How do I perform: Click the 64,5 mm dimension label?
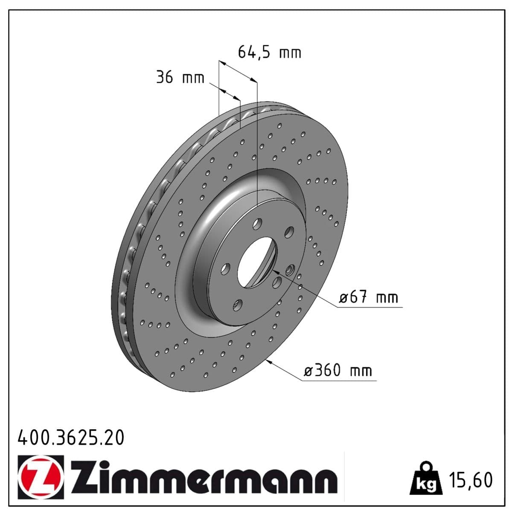coord(269,52)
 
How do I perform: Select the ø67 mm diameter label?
coord(369,297)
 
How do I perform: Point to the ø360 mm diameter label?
coord(337,370)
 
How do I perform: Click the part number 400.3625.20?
coord(71,438)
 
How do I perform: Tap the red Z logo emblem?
coord(41,477)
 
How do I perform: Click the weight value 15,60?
coord(471,480)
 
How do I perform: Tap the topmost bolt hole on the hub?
coord(257,223)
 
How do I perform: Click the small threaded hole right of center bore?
coord(291,270)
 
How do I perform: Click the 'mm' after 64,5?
coord(290,53)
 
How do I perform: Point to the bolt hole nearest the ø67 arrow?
coord(277,282)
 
